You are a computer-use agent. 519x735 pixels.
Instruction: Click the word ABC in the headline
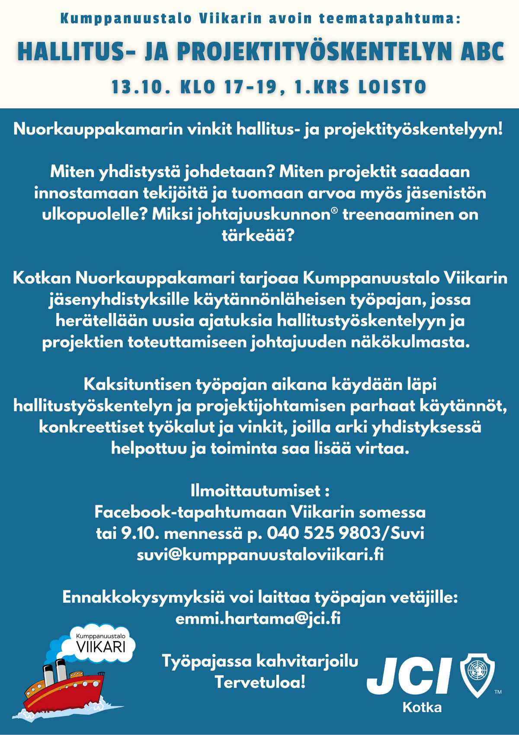pos(482,52)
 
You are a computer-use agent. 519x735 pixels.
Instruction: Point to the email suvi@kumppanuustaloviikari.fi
pos(260,554)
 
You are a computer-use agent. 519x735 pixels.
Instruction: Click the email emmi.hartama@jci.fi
pos(258,619)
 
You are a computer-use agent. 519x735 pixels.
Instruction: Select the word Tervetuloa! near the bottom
pos(260,682)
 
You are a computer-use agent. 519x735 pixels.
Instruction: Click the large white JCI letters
pos(409,676)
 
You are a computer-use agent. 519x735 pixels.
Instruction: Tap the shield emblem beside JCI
pos(477,674)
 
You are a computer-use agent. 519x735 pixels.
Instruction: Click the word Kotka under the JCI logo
pos(422,707)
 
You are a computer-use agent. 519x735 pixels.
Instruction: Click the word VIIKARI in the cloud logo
pos(101,647)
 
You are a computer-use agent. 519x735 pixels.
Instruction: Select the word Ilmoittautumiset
pos(256,491)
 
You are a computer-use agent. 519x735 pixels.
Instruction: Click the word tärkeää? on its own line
pos(258,235)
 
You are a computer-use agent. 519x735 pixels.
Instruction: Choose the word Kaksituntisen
pos(137,384)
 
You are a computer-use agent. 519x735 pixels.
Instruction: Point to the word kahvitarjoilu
pos(307,661)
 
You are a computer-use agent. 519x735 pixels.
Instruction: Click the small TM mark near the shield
pos(498,692)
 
